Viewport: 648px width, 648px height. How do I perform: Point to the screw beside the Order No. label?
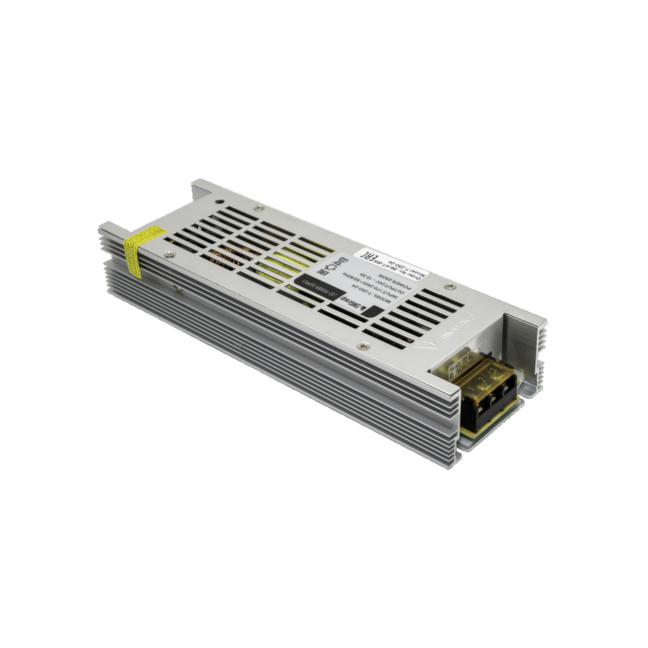450,286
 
